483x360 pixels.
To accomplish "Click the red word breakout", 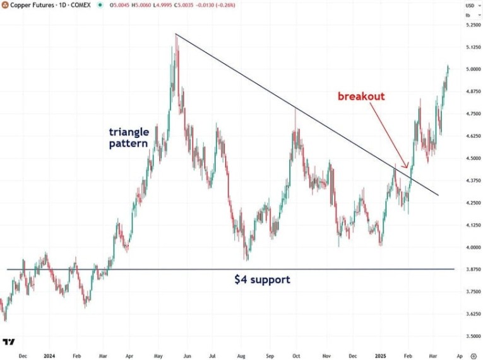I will click(361, 97).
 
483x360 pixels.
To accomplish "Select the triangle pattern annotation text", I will click(129, 137).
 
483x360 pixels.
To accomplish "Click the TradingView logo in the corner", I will click(9, 342).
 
